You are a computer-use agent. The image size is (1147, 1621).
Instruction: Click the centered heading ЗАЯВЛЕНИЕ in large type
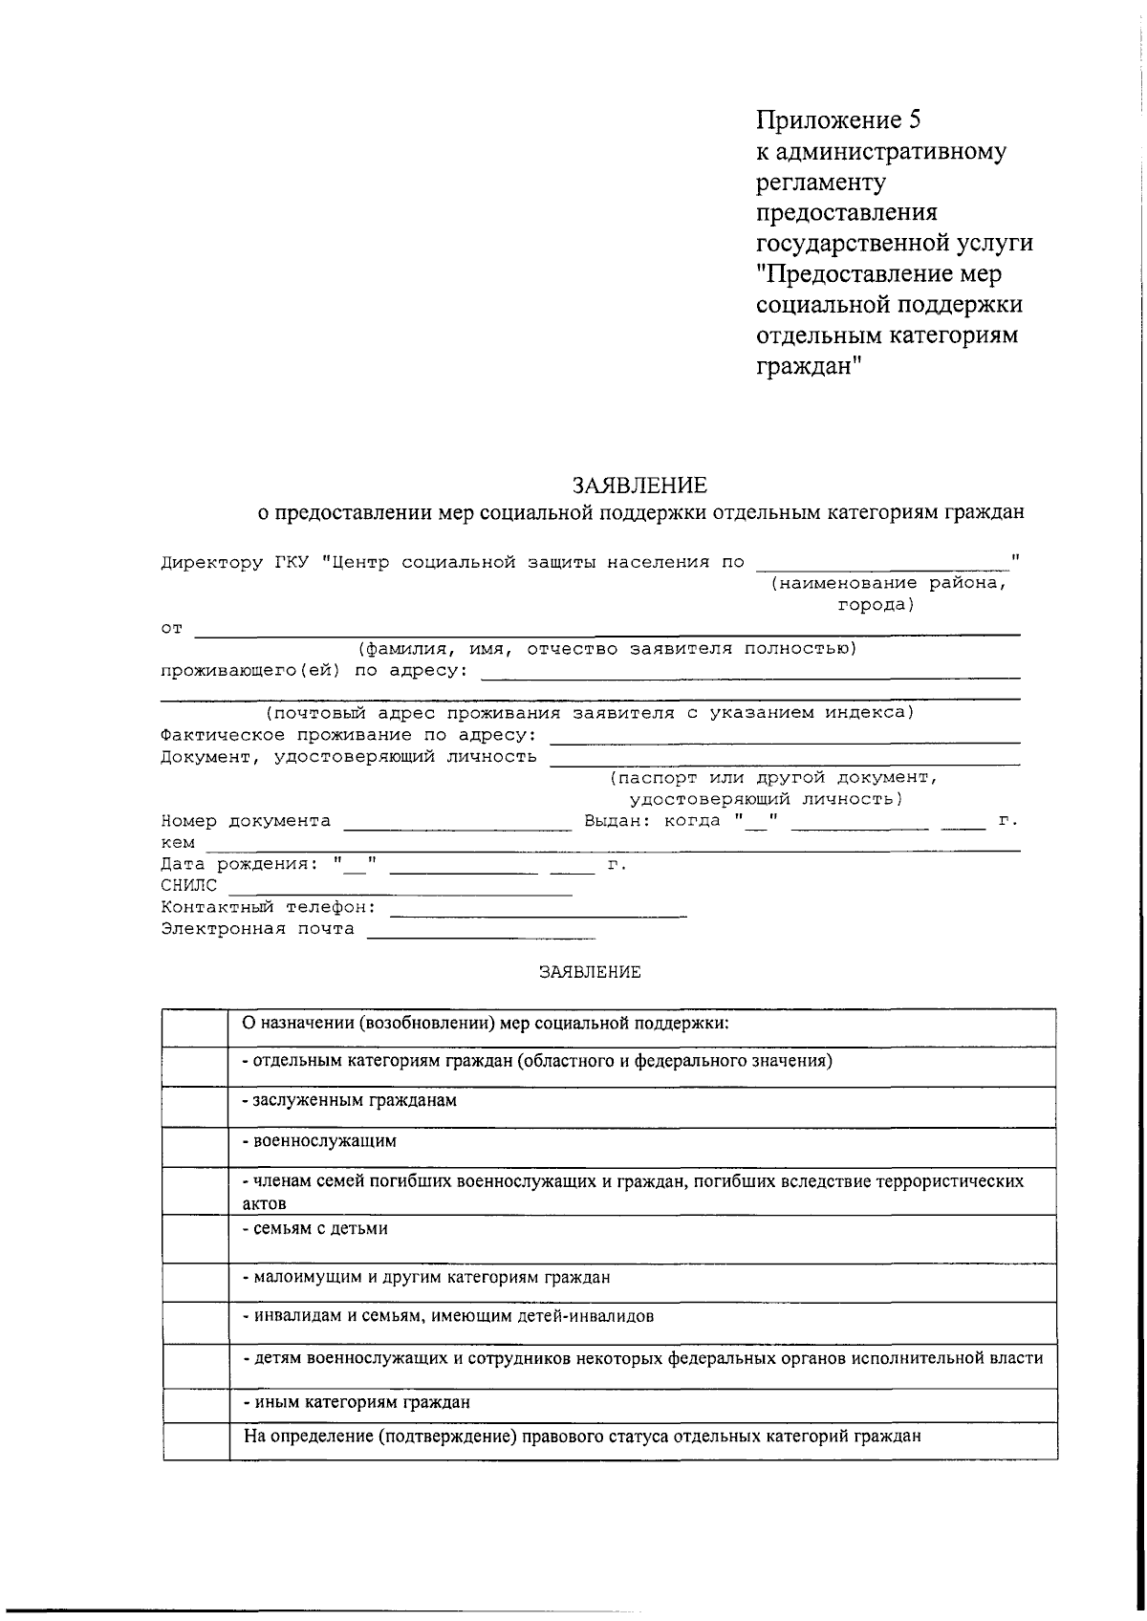(x=640, y=485)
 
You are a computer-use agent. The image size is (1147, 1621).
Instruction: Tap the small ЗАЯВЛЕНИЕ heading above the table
(x=590, y=973)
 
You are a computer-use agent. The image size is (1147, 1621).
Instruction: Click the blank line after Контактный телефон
(x=538, y=915)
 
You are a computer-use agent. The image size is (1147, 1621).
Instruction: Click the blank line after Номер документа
(x=457, y=829)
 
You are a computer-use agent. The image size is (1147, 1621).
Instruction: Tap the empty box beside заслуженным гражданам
(x=195, y=1107)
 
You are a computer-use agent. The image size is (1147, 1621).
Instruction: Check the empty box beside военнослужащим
(x=195, y=1147)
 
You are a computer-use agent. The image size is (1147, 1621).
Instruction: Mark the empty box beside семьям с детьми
(x=195, y=1239)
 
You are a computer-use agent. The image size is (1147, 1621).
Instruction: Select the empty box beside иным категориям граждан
(x=195, y=1405)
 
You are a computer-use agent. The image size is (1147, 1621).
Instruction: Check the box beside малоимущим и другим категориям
(x=195, y=1283)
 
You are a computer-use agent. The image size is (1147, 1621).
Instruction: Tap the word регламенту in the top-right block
(x=820, y=182)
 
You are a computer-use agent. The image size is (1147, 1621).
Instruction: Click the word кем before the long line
(x=178, y=843)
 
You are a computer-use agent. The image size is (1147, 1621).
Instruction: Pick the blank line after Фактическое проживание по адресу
(x=786, y=742)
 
